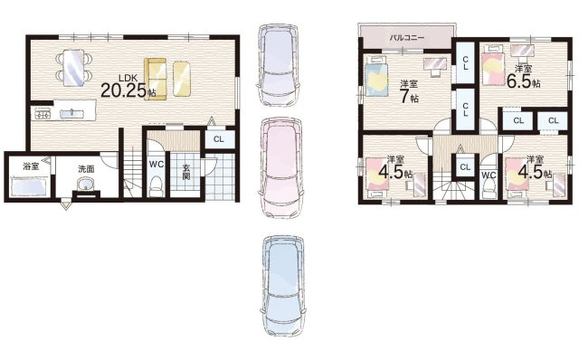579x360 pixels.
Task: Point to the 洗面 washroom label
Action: tap(86, 168)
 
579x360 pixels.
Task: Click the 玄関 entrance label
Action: tap(185, 172)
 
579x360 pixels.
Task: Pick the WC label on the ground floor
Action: tap(156, 165)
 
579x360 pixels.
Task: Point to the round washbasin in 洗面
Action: tap(86, 186)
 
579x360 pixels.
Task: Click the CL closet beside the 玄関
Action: tap(219, 139)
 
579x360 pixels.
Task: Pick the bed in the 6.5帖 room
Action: tap(492, 67)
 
